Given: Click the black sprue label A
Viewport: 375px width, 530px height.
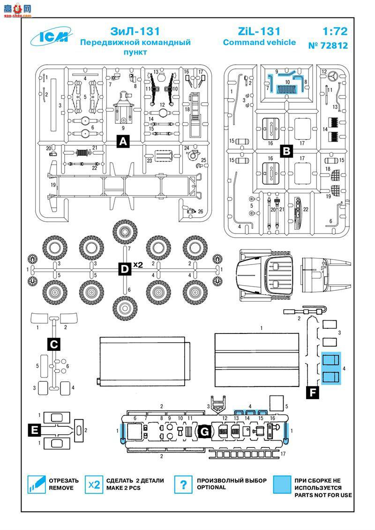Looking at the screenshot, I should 123,141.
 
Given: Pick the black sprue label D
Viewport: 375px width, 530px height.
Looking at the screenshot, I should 124,269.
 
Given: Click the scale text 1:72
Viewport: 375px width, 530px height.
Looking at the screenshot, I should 335,32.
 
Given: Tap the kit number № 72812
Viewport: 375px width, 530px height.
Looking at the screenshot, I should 328,46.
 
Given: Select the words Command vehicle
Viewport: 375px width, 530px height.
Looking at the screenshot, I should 259,43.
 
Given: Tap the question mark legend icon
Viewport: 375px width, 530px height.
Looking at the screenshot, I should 184,485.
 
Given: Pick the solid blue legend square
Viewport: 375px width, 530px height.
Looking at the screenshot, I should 282,485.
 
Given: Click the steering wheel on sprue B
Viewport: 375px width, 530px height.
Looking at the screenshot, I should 333,76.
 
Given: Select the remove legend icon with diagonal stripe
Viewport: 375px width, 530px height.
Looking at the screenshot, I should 36,485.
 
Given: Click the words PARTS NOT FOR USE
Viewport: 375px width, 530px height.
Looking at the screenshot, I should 323,495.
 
